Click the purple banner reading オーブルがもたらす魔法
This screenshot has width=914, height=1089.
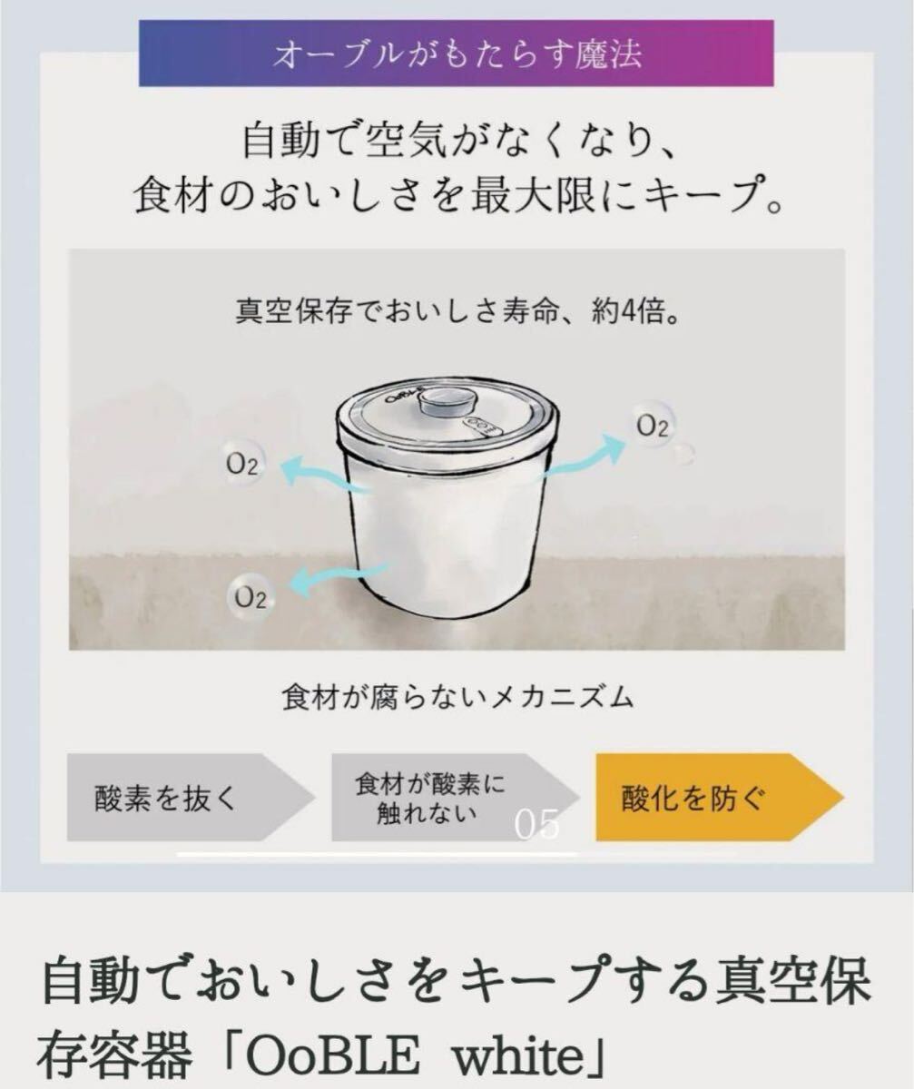coord(456,53)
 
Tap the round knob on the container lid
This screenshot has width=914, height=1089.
coord(445,402)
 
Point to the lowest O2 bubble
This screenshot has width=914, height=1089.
coord(250,596)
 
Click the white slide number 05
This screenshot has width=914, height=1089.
coord(536,825)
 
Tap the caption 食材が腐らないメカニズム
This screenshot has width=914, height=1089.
coord(457,699)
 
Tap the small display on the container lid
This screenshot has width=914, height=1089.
coord(476,425)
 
